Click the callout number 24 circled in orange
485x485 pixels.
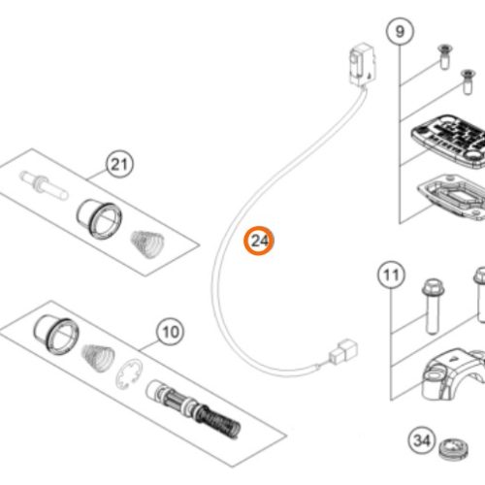coord(259,241)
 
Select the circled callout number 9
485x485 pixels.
coord(400,32)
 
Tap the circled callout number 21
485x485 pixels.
coord(119,164)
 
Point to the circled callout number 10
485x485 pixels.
coord(170,332)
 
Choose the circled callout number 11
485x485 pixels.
coord(391,275)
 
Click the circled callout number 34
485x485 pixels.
coord(422,440)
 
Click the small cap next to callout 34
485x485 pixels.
coord(454,448)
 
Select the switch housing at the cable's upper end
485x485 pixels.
coord(363,64)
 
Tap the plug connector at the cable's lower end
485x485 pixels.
coord(343,351)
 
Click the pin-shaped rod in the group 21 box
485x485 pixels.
coord(44,185)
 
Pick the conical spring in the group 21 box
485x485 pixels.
coord(148,244)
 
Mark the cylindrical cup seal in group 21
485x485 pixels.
coord(99,219)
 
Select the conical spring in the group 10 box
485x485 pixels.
coord(98,358)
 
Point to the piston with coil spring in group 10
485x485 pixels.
coord(193,410)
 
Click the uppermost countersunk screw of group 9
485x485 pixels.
coord(445,56)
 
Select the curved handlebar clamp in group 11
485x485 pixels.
coord(453,374)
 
